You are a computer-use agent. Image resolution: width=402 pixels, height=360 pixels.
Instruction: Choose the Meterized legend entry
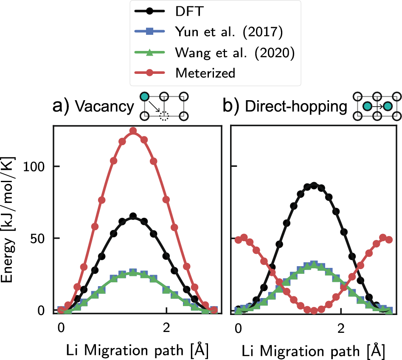pyautogui.click(x=205, y=73)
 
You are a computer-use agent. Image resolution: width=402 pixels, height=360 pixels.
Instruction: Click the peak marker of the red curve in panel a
pyautogui.click(x=133, y=131)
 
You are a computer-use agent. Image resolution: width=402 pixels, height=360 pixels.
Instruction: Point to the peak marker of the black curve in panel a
pyautogui.click(x=133, y=216)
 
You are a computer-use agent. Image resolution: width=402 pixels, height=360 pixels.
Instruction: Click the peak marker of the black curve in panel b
pyautogui.click(x=314, y=185)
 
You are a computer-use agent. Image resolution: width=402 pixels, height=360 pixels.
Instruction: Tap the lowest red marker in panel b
pyautogui.click(x=314, y=310)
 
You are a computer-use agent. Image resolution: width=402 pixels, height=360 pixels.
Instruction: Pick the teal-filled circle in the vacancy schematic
pyautogui.click(x=145, y=96)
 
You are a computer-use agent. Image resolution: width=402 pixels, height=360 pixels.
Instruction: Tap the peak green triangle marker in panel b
pyautogui.click(x=314, y=264)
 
